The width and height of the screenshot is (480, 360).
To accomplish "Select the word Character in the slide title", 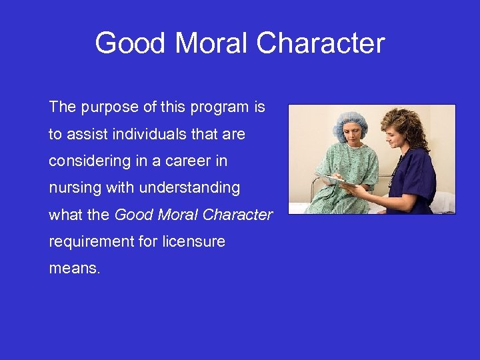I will (321, 43).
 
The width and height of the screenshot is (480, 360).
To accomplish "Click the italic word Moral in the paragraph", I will (175, 215).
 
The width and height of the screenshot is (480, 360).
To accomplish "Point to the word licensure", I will (193, 241).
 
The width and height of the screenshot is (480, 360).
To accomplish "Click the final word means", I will (75, 269).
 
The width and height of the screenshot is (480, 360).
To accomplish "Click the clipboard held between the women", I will (334, 179).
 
